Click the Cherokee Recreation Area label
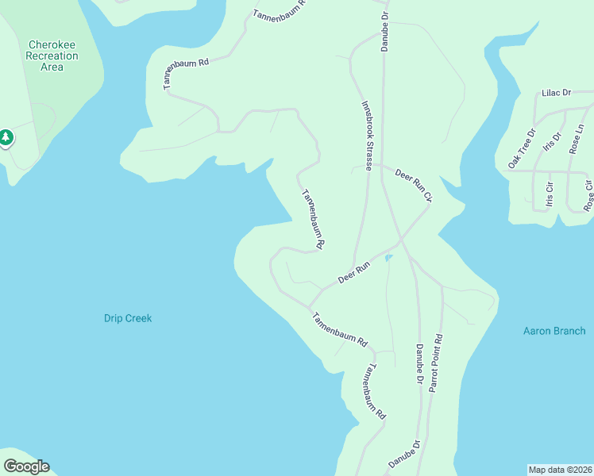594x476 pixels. (52, 56)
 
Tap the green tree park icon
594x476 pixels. (6, 138)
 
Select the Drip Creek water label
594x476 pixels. (127, 318)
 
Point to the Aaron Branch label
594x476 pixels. (554, 331)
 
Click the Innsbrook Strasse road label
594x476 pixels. (367, 136)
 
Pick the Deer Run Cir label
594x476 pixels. (413, 184)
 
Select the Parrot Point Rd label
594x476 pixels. (436, 363)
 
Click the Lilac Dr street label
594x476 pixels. (557, 93)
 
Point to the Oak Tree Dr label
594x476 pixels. (522, 148)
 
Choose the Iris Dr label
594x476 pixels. (551, 141)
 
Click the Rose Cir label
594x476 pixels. (588, 195)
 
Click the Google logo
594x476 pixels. (26, 466)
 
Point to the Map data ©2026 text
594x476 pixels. (561, 470)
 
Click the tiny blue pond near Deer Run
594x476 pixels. (388, 258)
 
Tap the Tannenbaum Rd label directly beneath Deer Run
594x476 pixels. (339, 331)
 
